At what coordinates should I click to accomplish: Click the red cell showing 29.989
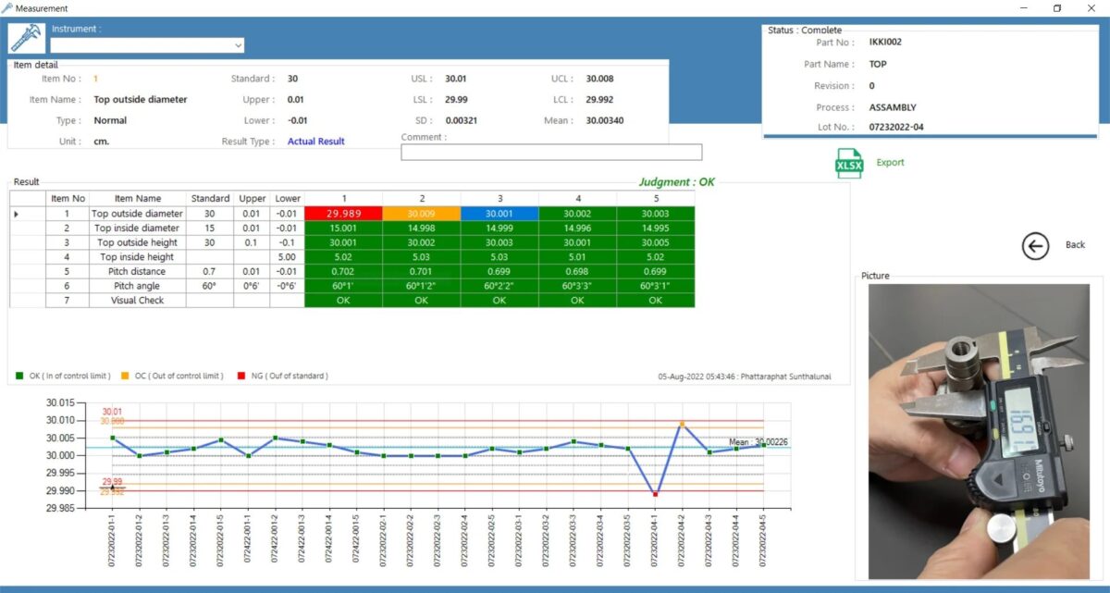[343, 214]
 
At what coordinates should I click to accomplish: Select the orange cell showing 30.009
[421, 214]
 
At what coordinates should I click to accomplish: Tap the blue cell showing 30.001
[499, 214]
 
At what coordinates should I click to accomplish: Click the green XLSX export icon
[848, 163]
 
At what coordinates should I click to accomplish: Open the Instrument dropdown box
[147, 45]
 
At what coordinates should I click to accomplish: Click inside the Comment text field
[550, 153]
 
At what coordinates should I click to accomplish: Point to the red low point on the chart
[655, 494]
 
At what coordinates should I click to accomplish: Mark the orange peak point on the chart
[682, 424]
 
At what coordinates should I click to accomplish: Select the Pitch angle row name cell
[137, 286]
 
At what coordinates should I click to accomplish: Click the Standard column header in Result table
[210, 198]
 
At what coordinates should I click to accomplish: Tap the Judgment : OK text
[676, 182]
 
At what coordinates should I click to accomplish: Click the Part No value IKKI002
[885, 43]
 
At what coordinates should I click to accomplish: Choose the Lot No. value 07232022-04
[895, 128]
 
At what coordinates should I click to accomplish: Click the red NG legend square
[241, 376]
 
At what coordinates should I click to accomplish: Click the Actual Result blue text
[315, 142]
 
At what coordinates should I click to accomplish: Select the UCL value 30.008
[599, 79]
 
